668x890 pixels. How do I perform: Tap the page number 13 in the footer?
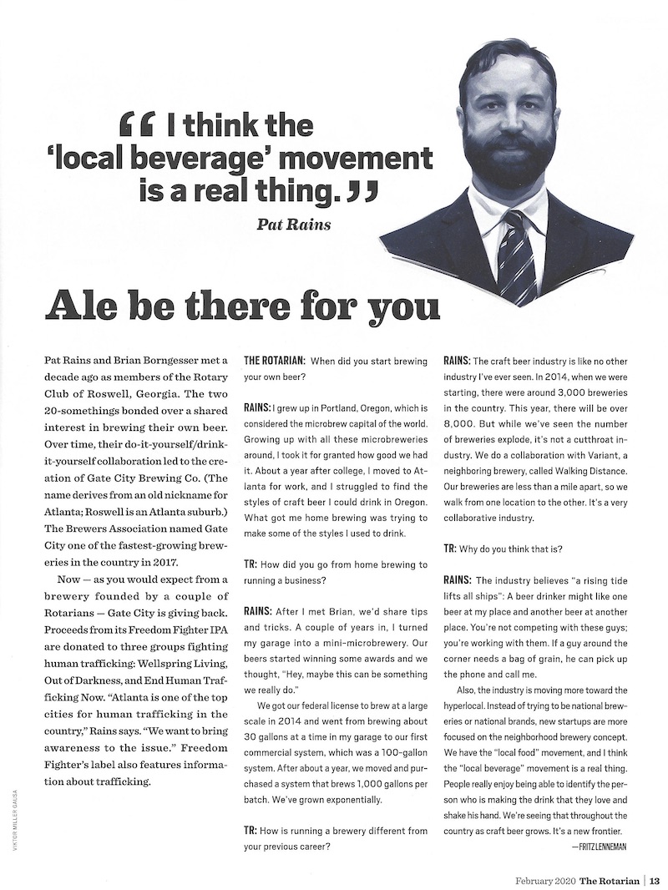[655, 879]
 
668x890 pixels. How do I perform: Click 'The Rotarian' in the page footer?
[616, 879]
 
